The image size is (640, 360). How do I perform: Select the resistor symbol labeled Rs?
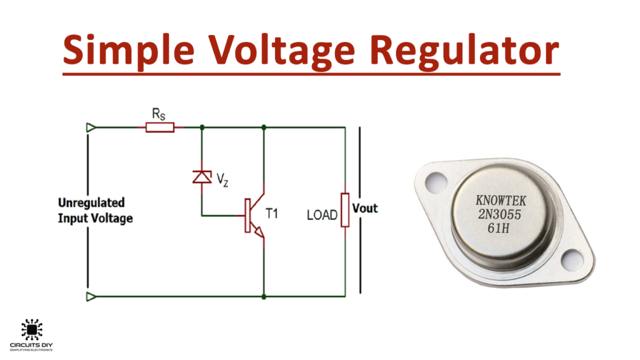(x=161, y=127)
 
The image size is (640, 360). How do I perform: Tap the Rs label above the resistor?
(x=159, y=113)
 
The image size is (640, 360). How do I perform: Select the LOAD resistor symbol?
(x=344, y=209)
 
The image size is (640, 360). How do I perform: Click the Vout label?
(x=366, y=208)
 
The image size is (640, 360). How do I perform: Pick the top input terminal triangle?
(x=91, y=127)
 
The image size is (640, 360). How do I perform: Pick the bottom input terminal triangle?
(x=91, y=296)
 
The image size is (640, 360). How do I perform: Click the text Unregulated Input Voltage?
(x=95, y=211)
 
